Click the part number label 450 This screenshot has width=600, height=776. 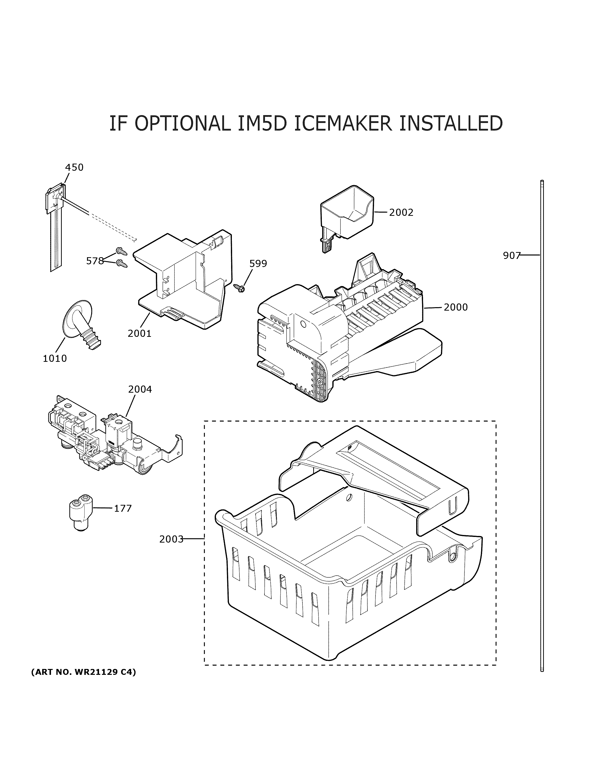coord(74,167)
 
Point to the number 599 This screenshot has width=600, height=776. coord(258,264)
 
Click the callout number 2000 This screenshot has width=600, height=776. coord(455,307)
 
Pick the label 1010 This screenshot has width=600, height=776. coord(55,359)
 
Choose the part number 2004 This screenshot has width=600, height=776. coord(140,389)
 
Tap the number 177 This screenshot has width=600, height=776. coord(123,509)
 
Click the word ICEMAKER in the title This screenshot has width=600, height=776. coord(343,123)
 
